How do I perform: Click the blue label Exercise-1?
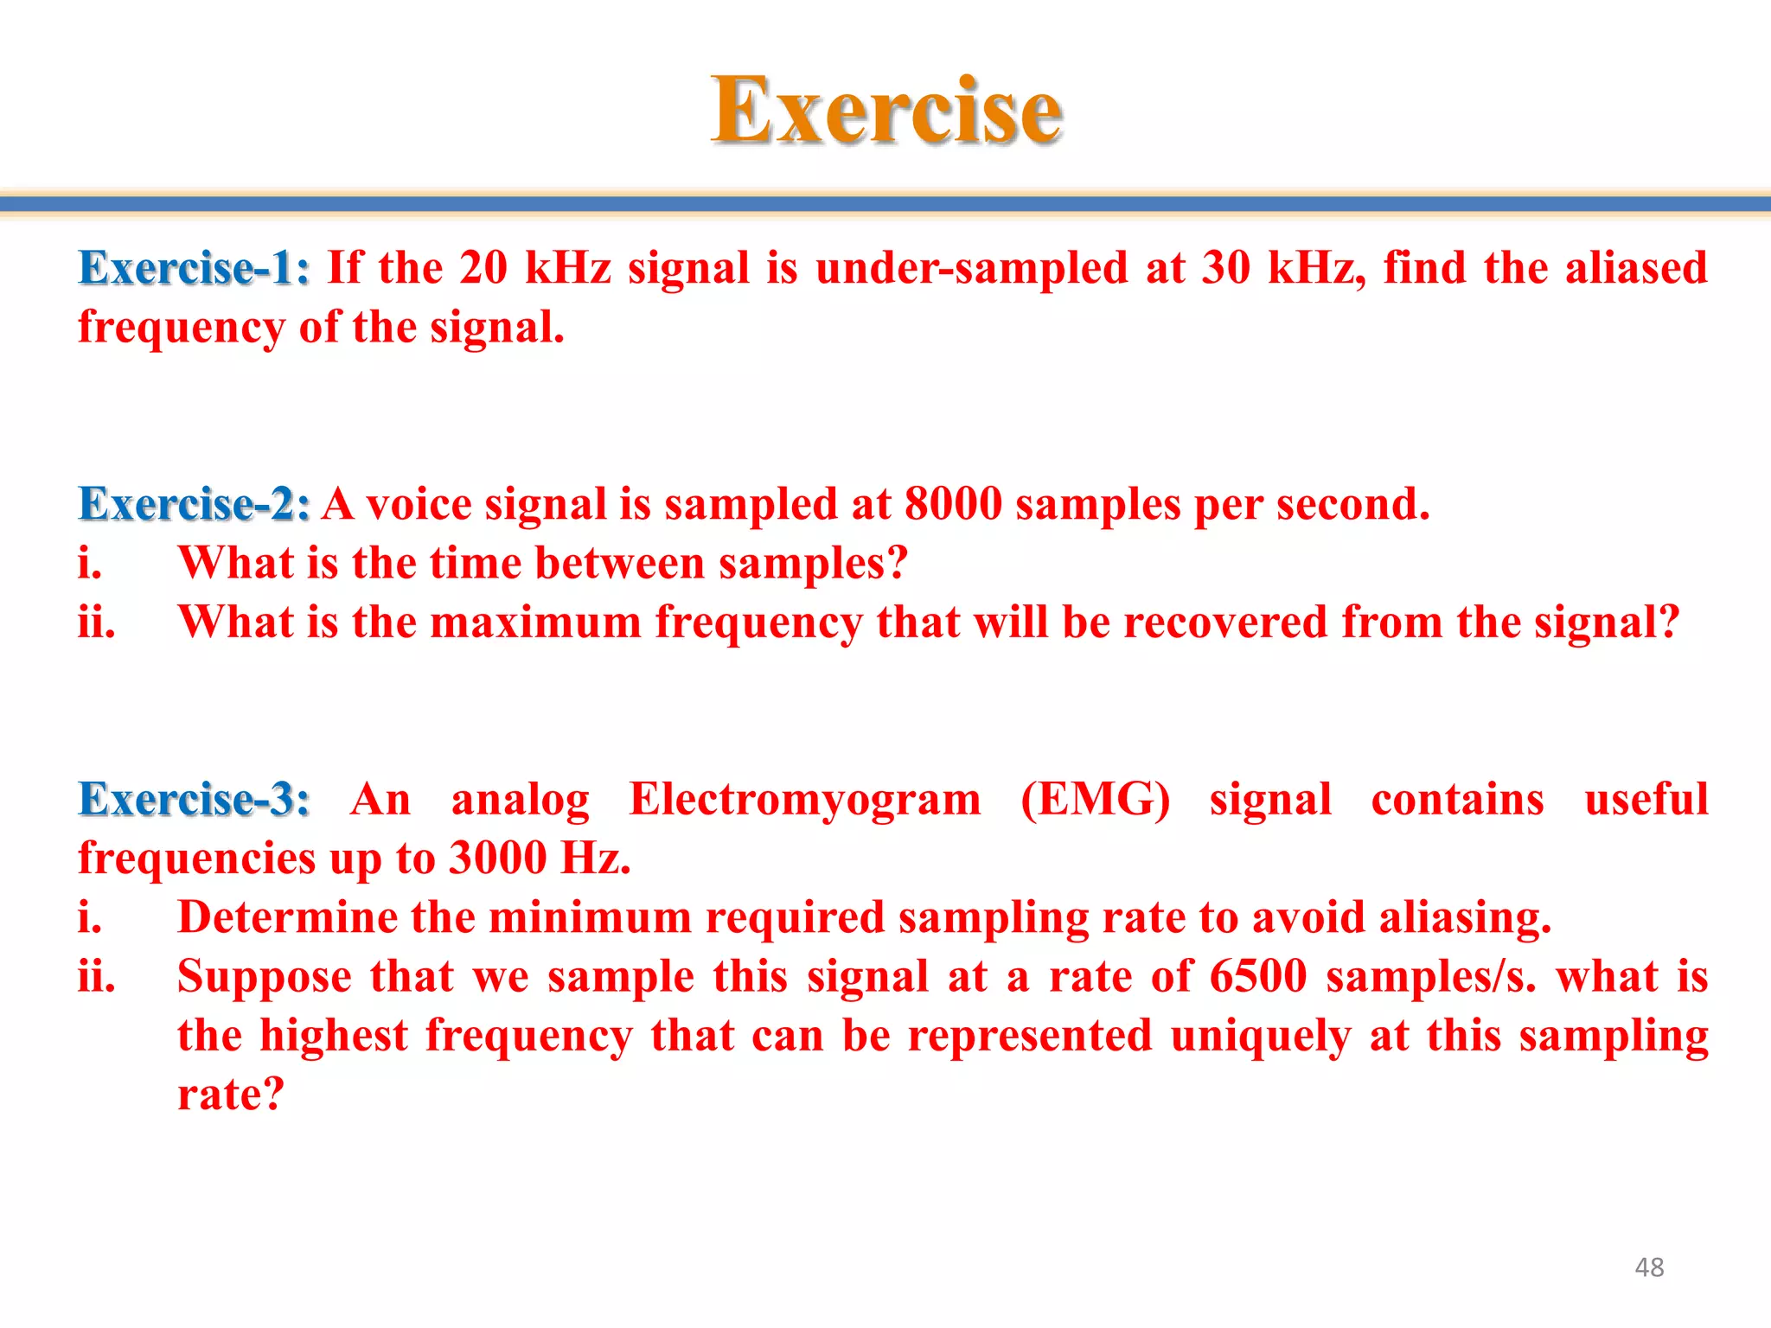[194, 268]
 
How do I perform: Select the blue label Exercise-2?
[194, 504]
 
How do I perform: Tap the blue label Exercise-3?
[194, 799]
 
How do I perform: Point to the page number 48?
[1649, 1267]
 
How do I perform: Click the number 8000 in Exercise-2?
[953, 504]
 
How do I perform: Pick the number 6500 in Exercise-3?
[1258, 977]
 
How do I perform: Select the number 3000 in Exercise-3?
[498, 859]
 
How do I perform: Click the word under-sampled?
[972, 268]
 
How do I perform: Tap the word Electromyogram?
[805, 799]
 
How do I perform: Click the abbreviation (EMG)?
[1095, 799]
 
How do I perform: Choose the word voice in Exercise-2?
[419, 504]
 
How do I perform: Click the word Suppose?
[265, 977]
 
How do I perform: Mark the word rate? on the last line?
[231, 1095]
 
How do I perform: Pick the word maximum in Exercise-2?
[535, 622]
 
